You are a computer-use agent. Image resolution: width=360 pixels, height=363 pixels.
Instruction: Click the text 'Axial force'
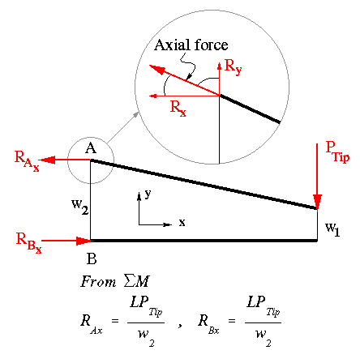tap(191, 45)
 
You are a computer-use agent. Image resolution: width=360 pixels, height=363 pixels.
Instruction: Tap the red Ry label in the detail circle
tap(233, 67)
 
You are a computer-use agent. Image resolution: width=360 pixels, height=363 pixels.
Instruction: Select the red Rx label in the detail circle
tap(178, 108)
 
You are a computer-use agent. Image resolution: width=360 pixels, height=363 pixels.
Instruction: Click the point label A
tap(91, 148)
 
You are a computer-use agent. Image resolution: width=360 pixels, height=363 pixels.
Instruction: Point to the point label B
tap(92, 258)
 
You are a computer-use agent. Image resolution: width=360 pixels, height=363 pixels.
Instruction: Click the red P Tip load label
tap(337, 152)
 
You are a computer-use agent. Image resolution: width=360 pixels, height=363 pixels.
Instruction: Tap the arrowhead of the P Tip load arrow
tap(317, 203)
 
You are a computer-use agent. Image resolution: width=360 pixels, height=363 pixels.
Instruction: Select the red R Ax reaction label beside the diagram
tap(27, 161)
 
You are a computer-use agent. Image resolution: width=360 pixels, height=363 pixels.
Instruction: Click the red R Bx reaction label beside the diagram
tap(29, 243)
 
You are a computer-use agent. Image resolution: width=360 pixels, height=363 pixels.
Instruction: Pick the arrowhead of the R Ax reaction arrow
tap(47, 160)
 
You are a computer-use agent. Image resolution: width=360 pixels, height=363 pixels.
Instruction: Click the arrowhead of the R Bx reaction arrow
tap(84, 241)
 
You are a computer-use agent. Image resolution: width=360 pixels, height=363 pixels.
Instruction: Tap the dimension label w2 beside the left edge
tap(80, 207)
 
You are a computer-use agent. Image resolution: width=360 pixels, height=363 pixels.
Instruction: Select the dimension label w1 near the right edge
tap(332, 229)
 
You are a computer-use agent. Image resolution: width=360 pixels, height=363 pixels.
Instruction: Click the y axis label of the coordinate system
tap(148, 194)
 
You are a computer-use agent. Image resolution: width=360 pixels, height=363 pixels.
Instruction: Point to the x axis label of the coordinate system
tap(182, 222)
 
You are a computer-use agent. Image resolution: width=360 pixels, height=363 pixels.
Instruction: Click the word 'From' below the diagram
tap(98, 281)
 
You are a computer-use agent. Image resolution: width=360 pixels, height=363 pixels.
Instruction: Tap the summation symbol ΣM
tap(136, 281)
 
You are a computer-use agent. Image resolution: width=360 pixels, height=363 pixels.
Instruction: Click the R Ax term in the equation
tap(92, 324)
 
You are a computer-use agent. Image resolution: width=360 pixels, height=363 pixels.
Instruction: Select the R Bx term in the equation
tap(208, 324)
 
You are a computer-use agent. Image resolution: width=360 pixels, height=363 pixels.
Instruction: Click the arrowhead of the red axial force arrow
tap(156, 70)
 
